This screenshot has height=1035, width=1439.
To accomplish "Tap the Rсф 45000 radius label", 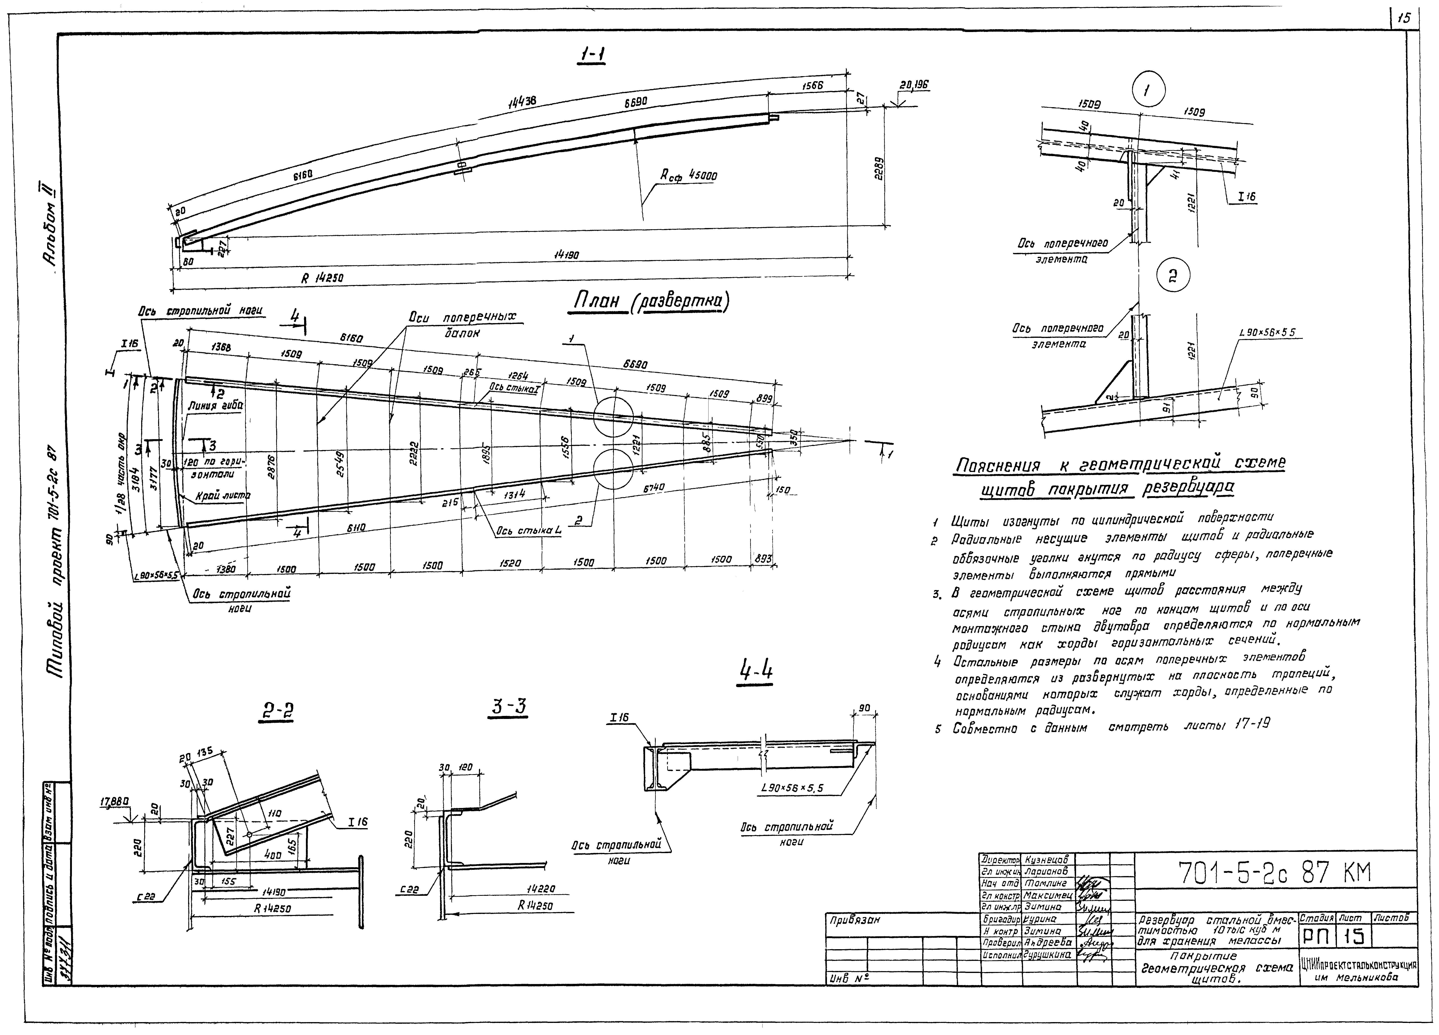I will [x=688, y=176].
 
